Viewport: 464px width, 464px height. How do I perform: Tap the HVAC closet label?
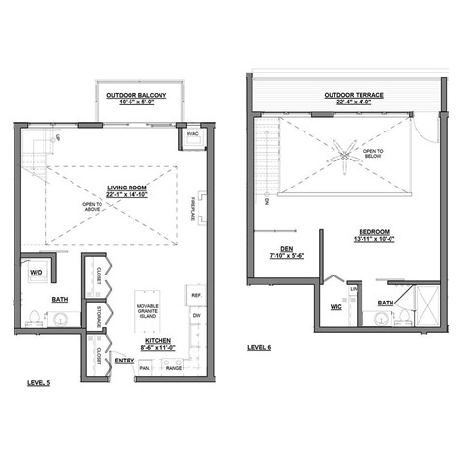pyautogui.click(x=191, y=134)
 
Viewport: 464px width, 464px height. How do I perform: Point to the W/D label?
pyautogui.click(x=37, y=273)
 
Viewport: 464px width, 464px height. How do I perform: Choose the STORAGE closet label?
pyautogui.click(x=98, y=317)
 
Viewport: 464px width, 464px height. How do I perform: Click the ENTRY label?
pyautogui.click(x=124, y=360)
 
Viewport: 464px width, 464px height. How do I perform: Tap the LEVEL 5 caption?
pyautogui.click(x=42, y=384)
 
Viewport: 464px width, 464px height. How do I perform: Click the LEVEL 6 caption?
pyautogui.click(x=261, y=346)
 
